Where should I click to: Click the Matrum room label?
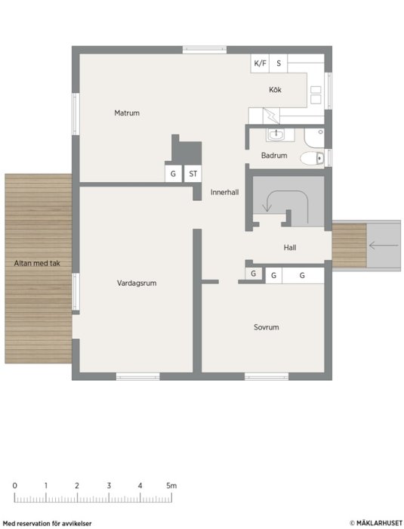coord(127,113)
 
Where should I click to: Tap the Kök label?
coord(275,90)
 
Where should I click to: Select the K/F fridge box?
coord(260,63)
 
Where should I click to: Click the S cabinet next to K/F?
coord(278,63)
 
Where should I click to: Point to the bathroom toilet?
coord(312,158)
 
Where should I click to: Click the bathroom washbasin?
coord(276,135)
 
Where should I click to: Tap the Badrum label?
coord(274,156)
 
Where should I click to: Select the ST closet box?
coord(193,174)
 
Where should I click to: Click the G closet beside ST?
coord(173,174)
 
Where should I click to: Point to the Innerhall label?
coord(224,192)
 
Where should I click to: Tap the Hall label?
coord(290,248)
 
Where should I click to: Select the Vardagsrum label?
coord(137,283)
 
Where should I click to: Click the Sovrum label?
coord(266,327)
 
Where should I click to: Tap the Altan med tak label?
coord(37,263)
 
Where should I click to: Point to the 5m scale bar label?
coord(171,486)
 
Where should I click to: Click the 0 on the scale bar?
coord(14,486)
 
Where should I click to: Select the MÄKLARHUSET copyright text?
coord(375,523)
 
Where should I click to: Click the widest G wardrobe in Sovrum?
coord(303,276)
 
